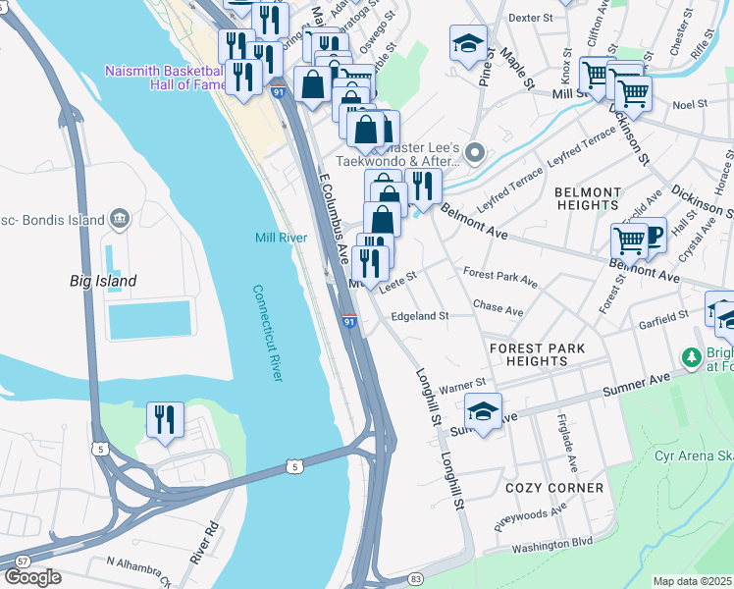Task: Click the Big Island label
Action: [x=103, y=281]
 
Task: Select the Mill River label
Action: [x=282, y=238]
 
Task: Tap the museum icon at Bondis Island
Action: [x=120, y=217]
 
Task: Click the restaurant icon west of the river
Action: [x=166, y=419]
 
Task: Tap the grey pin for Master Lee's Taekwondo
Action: [x=476, y=152]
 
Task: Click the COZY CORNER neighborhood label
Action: [x=554, y=488]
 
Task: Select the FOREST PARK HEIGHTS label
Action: [x=537, y=354]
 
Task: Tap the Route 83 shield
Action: [x=416, y=579]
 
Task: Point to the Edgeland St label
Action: [x=419, y=316]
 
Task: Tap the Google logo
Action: [x=31, y=577]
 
